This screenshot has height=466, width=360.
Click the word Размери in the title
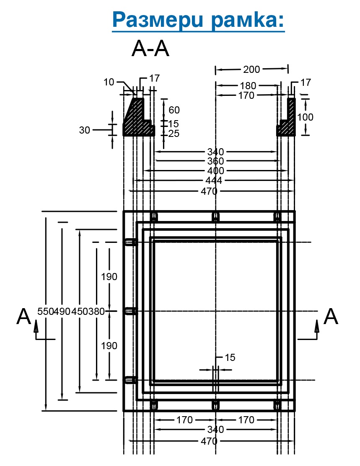click(158, 20)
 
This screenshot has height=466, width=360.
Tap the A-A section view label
click(150, 49)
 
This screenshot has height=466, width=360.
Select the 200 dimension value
click(252, 70)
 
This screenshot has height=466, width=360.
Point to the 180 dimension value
click(248, 85)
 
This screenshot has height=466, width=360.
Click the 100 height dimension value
click(305, 117)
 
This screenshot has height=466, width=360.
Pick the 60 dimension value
click(174, 110)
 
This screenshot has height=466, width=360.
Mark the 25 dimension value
click(174, 134)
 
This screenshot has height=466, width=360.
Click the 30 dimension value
click(85, 130)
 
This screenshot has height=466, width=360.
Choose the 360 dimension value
click(215, 161)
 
